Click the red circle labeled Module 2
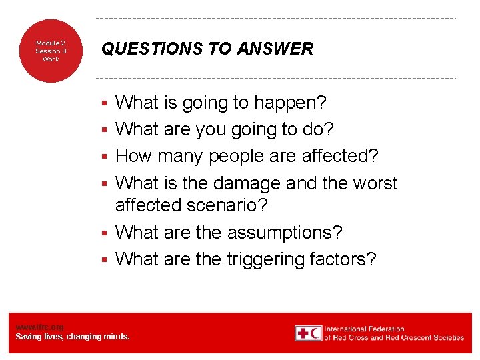click(51, 51)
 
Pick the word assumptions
click(285, 233)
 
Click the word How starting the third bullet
click(133, 157)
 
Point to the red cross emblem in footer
click(308, 333)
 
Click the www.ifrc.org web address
click(39, 327)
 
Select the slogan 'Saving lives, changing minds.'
click(73, 337)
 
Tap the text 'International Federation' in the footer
click(365, 329)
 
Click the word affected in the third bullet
click(340, 157)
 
